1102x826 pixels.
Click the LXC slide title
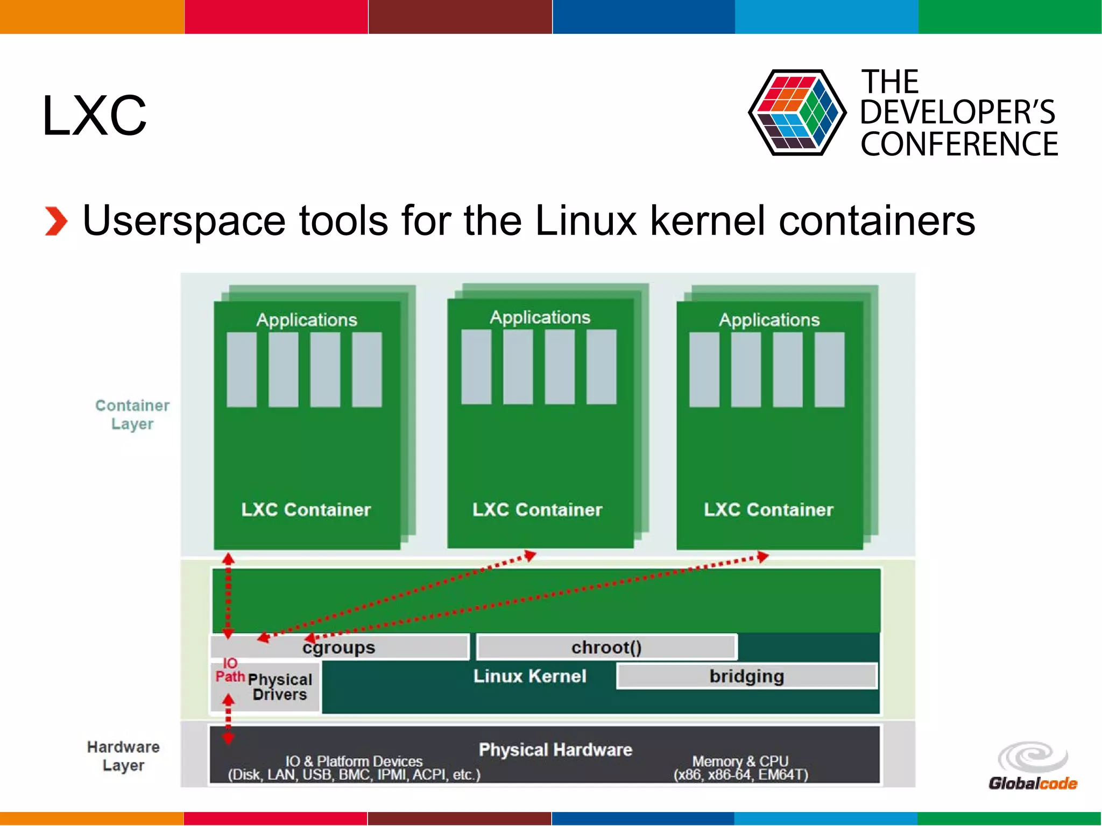94,115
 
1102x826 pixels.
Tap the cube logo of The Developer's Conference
796,113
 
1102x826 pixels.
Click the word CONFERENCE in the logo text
959,144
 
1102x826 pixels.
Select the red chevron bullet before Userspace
56,221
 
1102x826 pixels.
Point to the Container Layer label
132,414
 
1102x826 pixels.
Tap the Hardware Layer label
123,756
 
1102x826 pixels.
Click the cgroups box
339,647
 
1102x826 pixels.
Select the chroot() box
606,647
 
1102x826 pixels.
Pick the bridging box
746,676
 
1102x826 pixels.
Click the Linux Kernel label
529,676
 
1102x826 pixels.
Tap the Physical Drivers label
280,687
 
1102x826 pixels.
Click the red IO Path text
230,670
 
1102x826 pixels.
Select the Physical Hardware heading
555,750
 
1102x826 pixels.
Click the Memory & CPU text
740,761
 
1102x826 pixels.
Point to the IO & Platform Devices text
354,761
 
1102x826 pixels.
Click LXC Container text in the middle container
537,510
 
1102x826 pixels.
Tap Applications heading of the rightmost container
769,320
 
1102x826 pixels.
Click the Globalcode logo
1033,766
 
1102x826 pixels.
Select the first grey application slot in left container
242,369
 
